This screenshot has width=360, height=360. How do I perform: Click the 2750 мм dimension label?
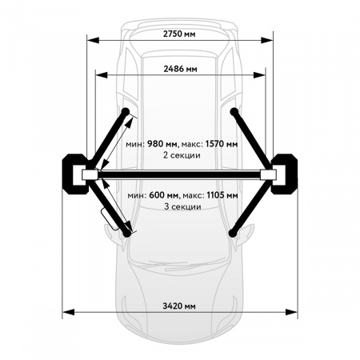(x=179, y=34)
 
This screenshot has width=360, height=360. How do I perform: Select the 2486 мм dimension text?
(x=180, y=69)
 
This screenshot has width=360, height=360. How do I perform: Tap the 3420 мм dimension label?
(x=179, y=306)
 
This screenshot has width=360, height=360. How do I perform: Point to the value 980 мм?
(x=162, y=144)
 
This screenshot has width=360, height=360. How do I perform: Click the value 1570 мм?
(x=222, y=144)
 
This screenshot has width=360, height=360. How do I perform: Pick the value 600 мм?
(x=164, y=195)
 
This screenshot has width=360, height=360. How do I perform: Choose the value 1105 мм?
(x=222, y=195)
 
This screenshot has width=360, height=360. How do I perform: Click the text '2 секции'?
(x=182, y=155)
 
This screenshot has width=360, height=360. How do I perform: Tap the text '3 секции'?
(x=182, y=206)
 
